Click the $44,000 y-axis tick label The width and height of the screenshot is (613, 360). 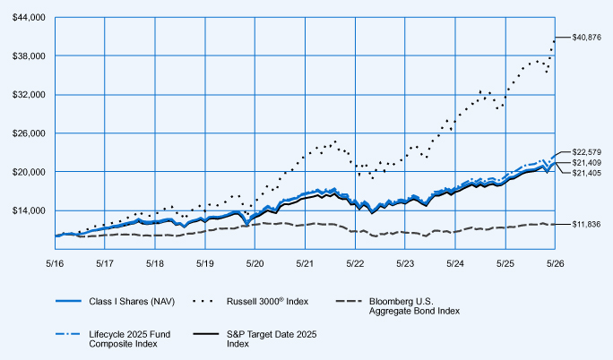pos(29,18)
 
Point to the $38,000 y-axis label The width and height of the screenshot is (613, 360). pos(29,56)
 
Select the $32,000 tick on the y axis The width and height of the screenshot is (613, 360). pos(29,95)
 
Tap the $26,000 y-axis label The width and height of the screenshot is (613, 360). pos(29,133)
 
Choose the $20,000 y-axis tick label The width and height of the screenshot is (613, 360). pos(29,172)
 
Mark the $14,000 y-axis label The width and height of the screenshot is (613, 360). pos(29,210)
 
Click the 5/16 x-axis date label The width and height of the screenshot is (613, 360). pos(55,264)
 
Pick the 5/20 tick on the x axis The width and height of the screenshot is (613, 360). pos(255,264)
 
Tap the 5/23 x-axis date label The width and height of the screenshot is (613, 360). pos(405,264)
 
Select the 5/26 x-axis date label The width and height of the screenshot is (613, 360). pos(555,264)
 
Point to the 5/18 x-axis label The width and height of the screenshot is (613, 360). pos(155,264)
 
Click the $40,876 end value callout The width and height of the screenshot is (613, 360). pos(586,38)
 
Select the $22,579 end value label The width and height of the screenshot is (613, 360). pos(586,152)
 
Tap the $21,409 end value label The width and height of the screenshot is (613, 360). pos(586,163)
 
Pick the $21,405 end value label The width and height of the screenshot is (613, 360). pos(586,173)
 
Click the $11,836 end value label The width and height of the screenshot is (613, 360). pos(586,225)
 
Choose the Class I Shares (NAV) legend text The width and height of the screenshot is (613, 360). pos(132,302)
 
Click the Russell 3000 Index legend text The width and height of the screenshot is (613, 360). pos(267,302)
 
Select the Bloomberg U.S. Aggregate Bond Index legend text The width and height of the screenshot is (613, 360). pos(414,306)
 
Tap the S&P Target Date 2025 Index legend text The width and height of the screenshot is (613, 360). pos(272,339)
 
